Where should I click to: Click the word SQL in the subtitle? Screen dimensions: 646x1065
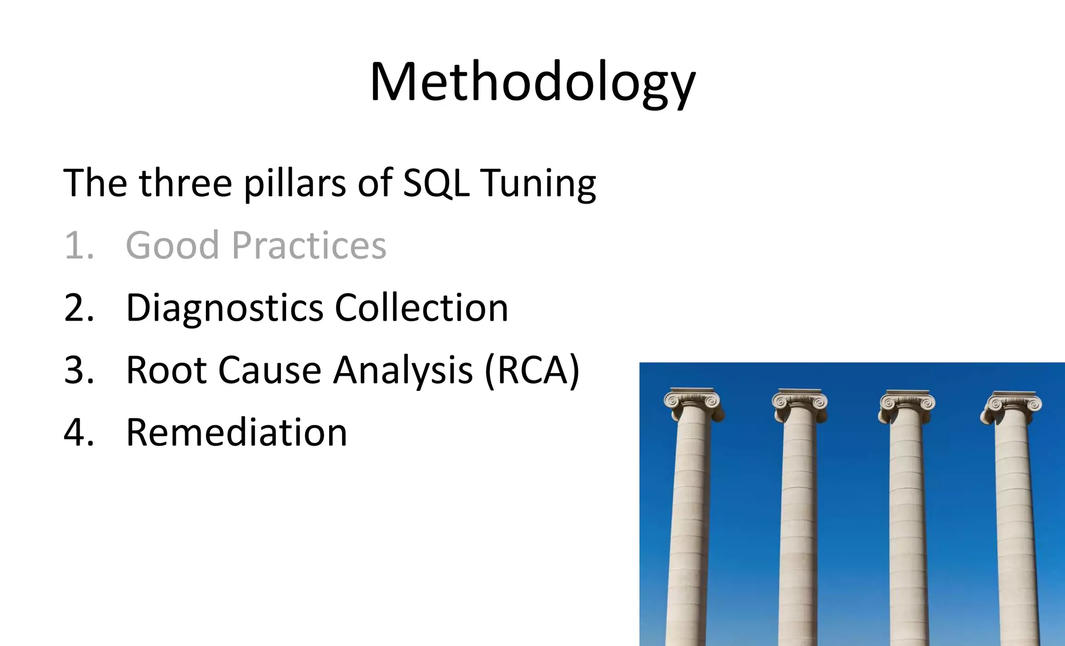tap(436, 183)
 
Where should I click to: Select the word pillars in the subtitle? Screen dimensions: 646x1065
tap(294, 183)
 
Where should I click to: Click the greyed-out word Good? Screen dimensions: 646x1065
tap(172, 245)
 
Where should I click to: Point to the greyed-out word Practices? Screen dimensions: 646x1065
tap(309, 245)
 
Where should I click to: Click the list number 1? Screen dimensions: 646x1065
tap(78, 245)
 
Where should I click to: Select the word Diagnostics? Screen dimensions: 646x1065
tap(225, 308)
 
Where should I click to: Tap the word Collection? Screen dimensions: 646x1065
tap(421, 308)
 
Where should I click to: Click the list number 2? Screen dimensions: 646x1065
tap(79, 308)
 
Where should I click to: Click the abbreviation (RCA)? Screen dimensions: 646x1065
tap(532, 370)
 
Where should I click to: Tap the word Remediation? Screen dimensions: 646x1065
tap(237, 432)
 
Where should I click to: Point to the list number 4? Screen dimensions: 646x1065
tap(79, 432)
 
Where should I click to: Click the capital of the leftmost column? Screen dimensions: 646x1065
tap(693, 404)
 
